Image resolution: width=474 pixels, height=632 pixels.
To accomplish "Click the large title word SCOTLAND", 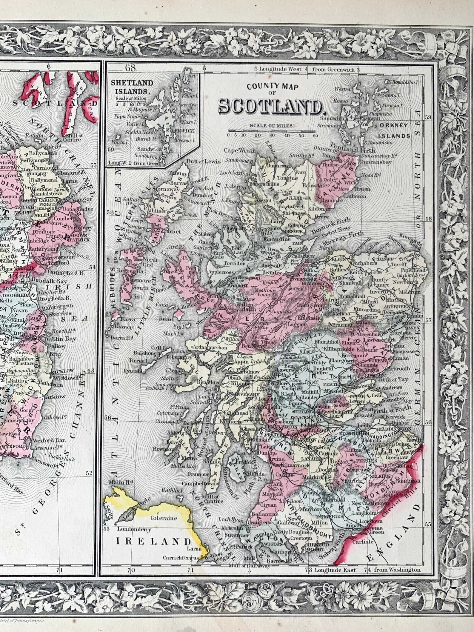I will click(x=271, y=107).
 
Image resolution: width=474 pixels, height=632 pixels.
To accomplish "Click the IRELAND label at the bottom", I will click(x=153, y=542).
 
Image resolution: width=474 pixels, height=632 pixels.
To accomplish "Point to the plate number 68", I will click(x=131, y=68).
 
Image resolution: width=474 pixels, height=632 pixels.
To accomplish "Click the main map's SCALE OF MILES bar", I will click(x=272, y=130).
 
